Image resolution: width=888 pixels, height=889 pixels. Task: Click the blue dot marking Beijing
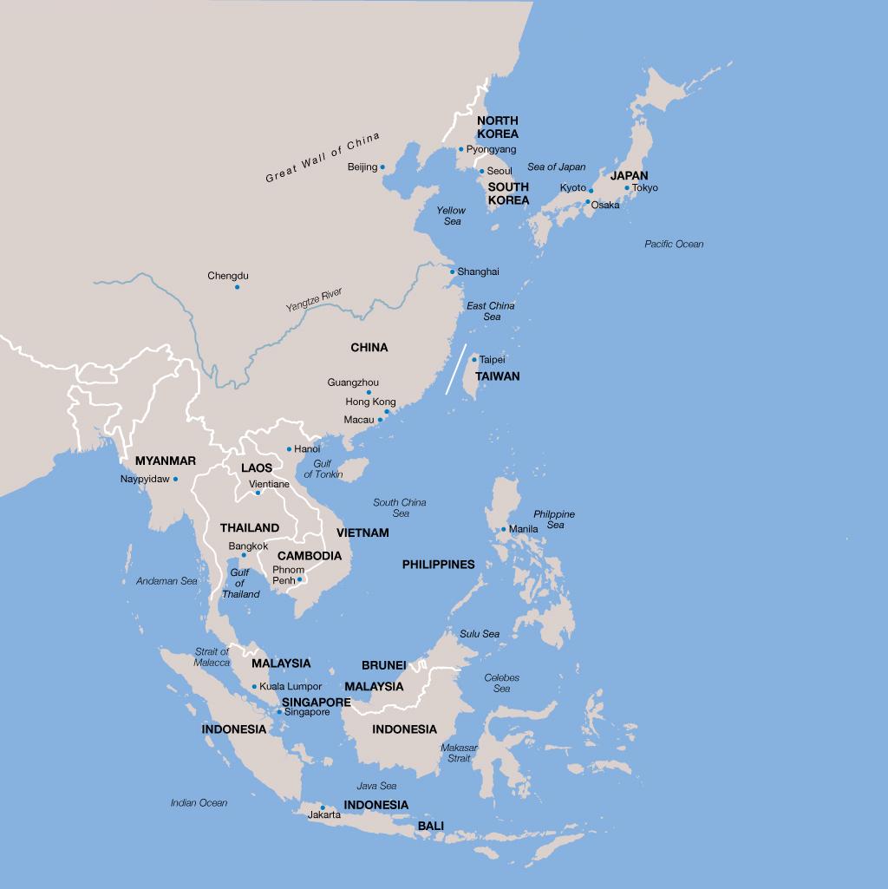coord(382,167)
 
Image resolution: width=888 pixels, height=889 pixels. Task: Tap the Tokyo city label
coord(645,188)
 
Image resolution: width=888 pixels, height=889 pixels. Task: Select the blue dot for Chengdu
coord(237,287)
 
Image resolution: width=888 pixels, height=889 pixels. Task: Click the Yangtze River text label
coord(314,301)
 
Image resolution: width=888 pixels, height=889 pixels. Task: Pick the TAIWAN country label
coord(498,376)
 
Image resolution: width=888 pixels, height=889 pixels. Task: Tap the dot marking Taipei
coord(473,359)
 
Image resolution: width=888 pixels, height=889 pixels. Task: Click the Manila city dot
coord(504,529)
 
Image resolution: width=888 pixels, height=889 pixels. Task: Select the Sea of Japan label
coord(557,167)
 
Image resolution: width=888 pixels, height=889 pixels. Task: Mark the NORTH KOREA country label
coord(498,127)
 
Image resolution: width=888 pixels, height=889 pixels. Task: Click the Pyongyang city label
coord(491,149)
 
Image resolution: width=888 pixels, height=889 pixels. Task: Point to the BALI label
coord(431,826)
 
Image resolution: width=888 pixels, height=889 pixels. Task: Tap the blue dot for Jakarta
coord(323,807)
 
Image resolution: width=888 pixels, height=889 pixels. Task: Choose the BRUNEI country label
coord(383,665)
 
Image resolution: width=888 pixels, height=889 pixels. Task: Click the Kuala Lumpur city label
coord(291,687)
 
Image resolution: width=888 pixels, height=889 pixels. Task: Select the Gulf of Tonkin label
coord(323,469)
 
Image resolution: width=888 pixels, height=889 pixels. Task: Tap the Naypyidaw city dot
coord(175,479)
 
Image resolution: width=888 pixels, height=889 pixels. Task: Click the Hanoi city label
coord(307,449)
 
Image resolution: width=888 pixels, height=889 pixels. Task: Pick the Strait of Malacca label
coord(212,657)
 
